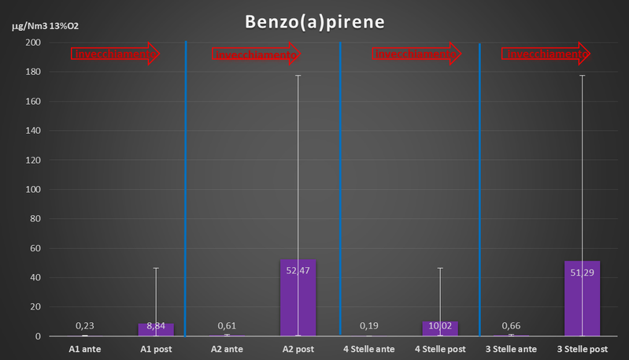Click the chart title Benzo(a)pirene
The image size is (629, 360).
[x=313, y=21]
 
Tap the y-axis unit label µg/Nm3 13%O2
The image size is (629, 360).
[x=46, y=26]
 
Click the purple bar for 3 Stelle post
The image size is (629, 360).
[x=582, y=299]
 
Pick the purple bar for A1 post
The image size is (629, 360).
[x=156, y=329]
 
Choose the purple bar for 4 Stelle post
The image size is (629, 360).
[x=440, y=328]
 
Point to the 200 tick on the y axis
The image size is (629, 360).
[x=32, y=43]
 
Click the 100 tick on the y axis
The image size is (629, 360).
[x=32, y=189]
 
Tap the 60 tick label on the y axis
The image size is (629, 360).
[x=35, y=248]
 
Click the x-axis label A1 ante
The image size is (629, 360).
[x=85, y=348]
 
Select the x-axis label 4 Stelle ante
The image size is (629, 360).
[x=368, y=348]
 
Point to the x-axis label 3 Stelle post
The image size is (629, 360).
[x=582, y=348]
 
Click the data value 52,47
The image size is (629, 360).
[x=298, y=271]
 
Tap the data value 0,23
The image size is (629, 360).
[x=85, y=325]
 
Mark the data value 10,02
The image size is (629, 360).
[x=440, y=325]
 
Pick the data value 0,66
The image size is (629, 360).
[x=511, y=325]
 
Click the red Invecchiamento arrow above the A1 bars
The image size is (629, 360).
[x=116, y=54]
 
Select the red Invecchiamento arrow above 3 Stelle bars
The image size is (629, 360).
[x=546, y=54]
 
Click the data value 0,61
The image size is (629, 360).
[x=228, y=325]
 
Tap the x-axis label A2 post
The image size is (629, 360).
[x=298, y=348]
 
